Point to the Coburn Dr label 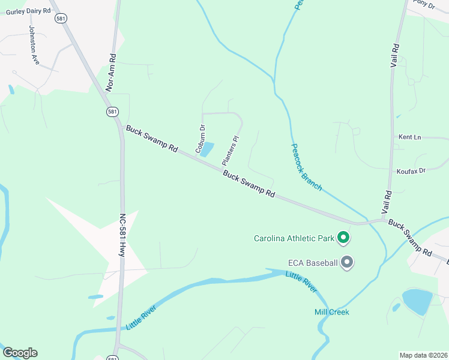point(200,138)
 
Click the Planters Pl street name point(231,151)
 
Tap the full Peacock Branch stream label point(306,167)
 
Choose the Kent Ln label point(410,137)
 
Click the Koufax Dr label point(411,171)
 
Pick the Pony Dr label point(424,4)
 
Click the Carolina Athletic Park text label point(294,238)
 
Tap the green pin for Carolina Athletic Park point(344,238)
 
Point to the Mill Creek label point(331,312)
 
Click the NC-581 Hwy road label point(122,236)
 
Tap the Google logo point(20,353)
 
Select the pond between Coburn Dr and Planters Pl point(207,149)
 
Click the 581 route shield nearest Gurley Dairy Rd point(60,19)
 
